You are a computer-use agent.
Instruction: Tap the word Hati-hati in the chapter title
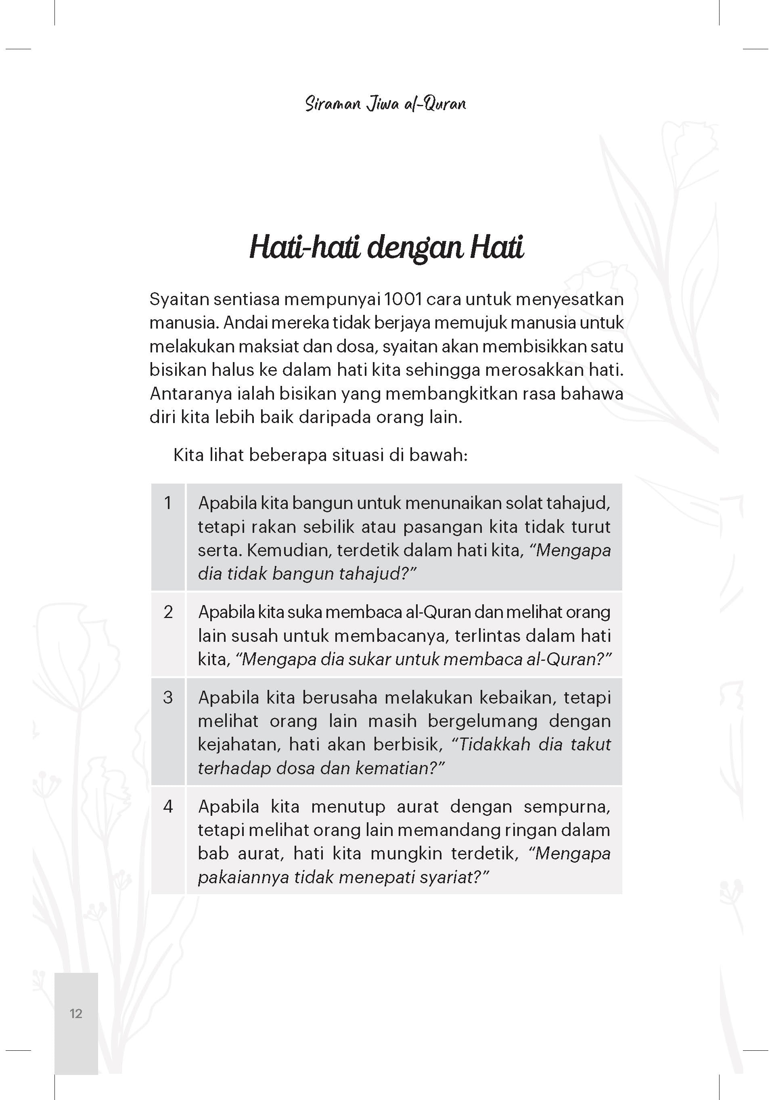pos(304,248)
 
